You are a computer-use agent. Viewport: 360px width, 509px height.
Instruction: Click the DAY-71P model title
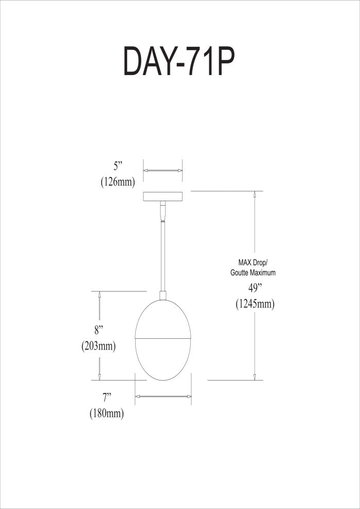(179, 61)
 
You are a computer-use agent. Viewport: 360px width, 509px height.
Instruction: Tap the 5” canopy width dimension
(117, 167)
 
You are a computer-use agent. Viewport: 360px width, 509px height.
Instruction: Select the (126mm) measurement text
(117, 182)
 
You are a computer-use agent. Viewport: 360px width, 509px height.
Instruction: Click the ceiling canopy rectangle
(163, 196)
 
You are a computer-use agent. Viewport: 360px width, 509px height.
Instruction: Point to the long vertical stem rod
(163, 257)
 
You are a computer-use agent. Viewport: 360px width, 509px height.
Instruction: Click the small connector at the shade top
(163, 296)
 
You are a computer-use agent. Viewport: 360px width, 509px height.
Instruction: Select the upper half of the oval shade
(163, 319)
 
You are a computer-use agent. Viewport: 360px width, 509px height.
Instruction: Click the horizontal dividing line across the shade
(163, 339)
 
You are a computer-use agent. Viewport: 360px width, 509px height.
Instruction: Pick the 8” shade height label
(98, 331)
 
